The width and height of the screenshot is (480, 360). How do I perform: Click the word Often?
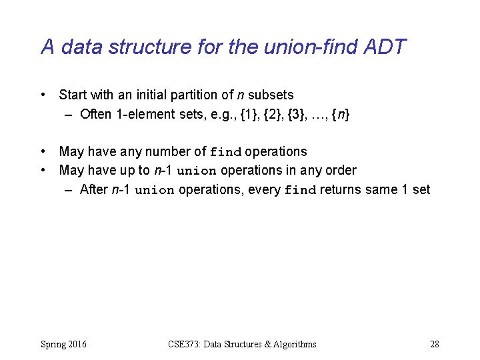pos(96,114)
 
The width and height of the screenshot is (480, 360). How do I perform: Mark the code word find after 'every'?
pos(300,190)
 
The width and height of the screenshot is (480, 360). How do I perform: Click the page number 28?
pos(434,344)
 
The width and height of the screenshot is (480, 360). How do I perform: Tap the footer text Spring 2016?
pos(63,344)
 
